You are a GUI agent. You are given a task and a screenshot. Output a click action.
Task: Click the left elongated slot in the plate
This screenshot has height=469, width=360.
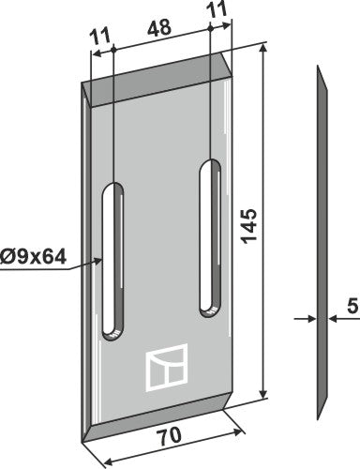113,256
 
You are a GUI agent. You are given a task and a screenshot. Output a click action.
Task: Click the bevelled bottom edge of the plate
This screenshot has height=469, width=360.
157,416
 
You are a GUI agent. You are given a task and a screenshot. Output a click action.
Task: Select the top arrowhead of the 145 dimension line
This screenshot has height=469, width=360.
262,52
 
